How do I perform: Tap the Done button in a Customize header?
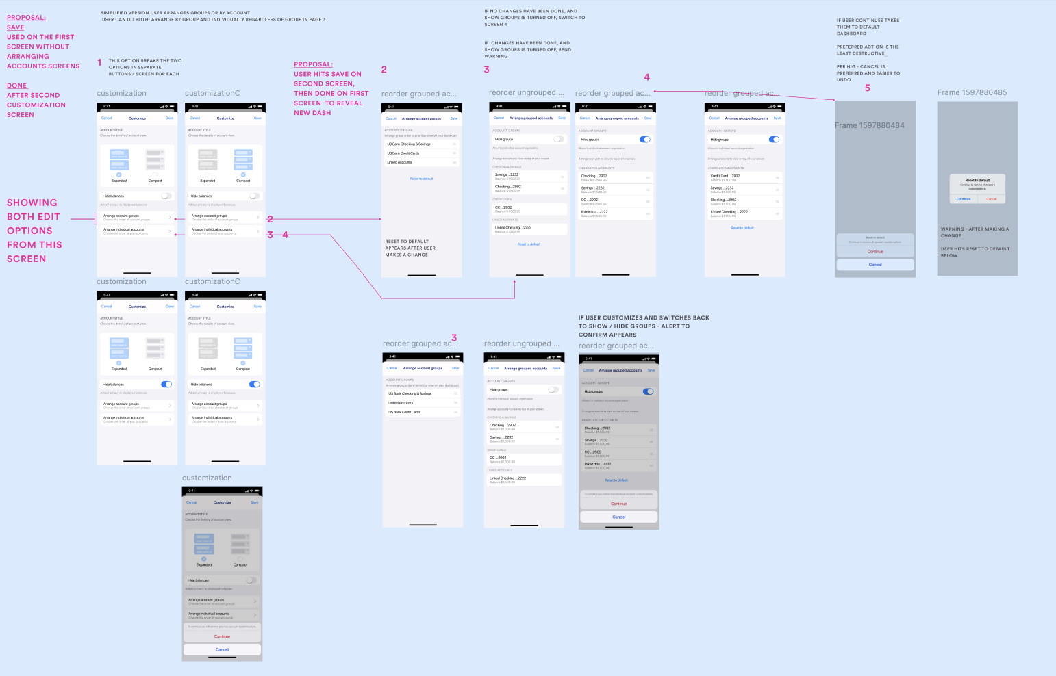click(169, 307)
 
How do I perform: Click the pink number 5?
click(867, 88)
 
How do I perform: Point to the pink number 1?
click(99, 62)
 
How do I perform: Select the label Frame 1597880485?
click(972, 92)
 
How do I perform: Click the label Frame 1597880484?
click(869, 125)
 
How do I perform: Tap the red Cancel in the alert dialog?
click(991, 199)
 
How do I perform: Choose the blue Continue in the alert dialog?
click(963, 199)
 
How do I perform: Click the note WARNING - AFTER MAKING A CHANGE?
click(975, 233)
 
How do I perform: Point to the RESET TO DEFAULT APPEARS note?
click(410, 248)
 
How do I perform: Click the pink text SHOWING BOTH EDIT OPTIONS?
click(34, 231)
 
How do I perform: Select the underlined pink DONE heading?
click(17, 86)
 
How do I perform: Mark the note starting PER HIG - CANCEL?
click(868, 73)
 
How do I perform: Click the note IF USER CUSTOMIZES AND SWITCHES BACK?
click(643, 326)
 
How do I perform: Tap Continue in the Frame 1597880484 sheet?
click(875, 252)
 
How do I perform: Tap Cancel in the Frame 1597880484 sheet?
click(875, 265)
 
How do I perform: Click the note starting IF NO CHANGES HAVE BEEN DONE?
click(534, 18)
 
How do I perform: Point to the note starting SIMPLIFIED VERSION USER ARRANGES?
click(212, 16)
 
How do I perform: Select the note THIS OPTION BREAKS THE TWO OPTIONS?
click(144, 67)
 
